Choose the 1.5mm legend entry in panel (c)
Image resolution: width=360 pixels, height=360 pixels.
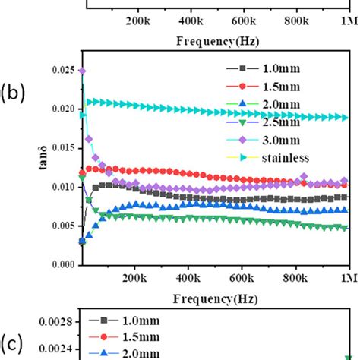pyautogui.click(x=129, y=336)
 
